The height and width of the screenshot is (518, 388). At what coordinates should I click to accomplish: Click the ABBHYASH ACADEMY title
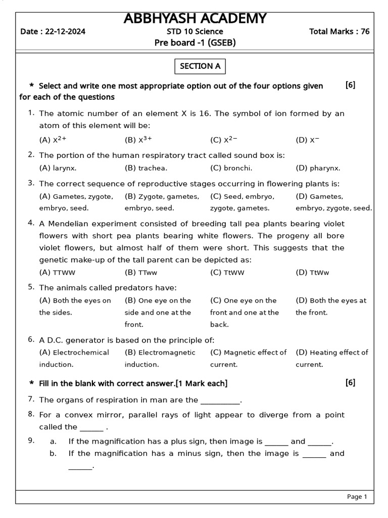pyautogui.click(x=195, y=19)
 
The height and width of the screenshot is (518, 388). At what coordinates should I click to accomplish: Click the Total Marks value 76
pyautogui.click(x=365, y=31)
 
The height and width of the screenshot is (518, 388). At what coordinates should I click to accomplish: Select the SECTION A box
pyautogui.click(x=200, y=66)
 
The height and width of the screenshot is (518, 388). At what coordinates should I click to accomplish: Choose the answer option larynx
pyautogui.click(x=64, y=168)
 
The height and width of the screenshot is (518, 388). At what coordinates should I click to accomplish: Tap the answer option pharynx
pyautogui.click(x=324, y=168)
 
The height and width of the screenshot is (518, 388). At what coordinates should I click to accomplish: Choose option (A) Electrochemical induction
pyautogui.click(x=74, y=358)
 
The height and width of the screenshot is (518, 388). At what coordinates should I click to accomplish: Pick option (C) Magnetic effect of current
pyautogui.click(x=249, y=358)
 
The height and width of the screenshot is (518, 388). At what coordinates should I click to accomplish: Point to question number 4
pyautogui.click(x=31, y=223)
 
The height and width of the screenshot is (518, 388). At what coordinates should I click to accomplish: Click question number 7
pyautogui.click(x=31, y=399)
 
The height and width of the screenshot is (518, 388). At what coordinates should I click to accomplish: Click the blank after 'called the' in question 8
pyautogui.click(x=91, y=428)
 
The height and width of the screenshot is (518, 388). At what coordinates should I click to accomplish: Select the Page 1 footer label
pyautogui.click(x=357, y=497)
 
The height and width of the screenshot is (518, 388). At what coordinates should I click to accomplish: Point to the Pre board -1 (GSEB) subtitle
pyautogui.click(x=195, y=43)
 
